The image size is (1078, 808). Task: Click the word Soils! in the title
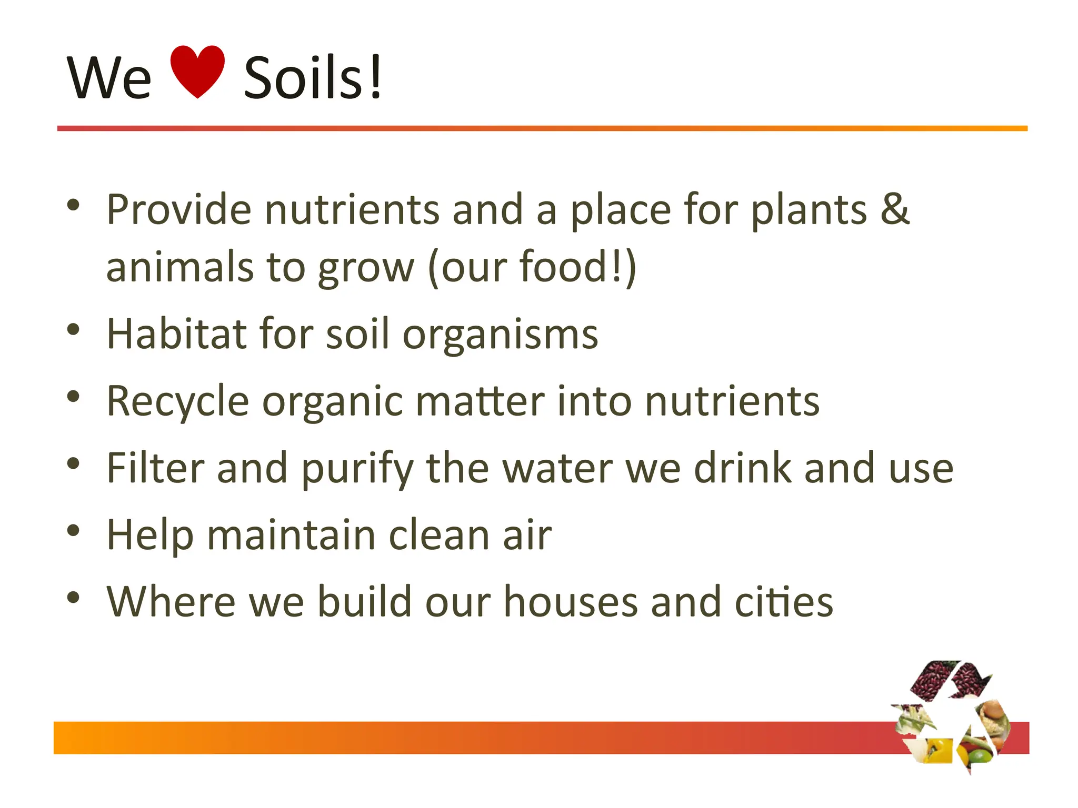point(313,78)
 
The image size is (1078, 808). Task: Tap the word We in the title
point(109,78)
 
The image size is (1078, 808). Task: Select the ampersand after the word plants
point(895,209)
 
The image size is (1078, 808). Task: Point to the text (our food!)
point(532,267)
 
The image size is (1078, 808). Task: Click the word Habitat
point(177,334)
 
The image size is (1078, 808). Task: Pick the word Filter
point(155,468)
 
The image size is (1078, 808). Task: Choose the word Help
point(150,536)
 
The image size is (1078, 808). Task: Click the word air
point(527,535)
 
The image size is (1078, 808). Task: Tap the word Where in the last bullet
point(171,601)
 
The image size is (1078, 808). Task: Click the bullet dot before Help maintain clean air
point(73,530)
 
